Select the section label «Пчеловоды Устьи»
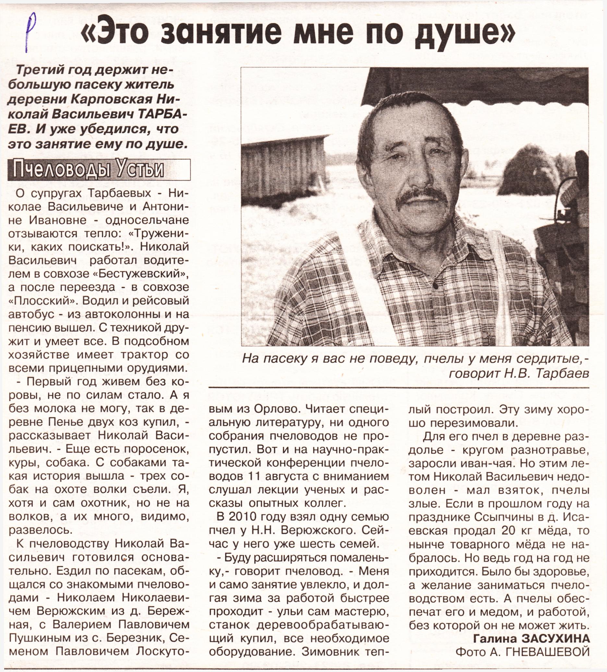[x=88, y=170]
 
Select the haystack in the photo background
[x=534, y=173]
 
